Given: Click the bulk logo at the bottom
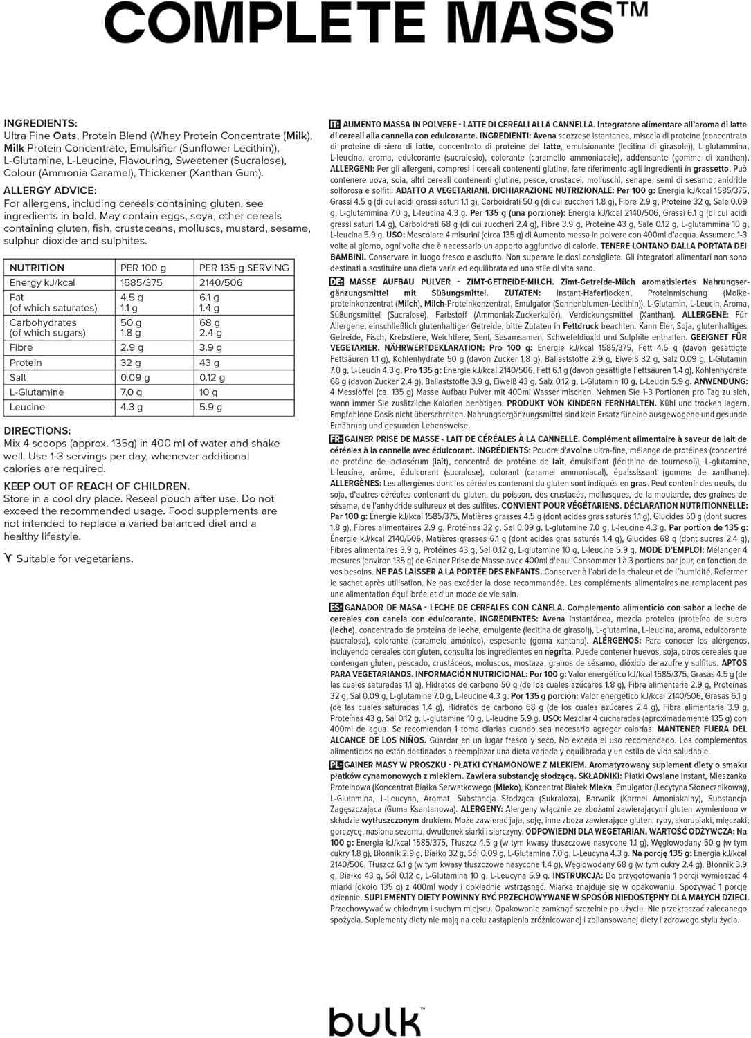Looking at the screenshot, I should coord(375,1021).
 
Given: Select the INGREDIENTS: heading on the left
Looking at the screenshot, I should coord(40,123).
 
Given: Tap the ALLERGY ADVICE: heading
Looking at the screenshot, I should coord(50,190).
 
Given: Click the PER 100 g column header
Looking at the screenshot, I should coord(143,268).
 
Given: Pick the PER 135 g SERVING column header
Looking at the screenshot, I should coord(244,268).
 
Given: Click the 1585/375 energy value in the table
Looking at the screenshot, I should coord(141,282).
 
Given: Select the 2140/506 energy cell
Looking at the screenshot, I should coord(221,282).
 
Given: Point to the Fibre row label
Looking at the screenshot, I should coord(21,347).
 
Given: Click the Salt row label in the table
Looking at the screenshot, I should coord(18,377).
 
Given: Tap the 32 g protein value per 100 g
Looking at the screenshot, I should coord(131,363).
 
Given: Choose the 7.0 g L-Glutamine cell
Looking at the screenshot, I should coord(133,392).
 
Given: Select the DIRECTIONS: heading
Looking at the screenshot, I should coord(37,430).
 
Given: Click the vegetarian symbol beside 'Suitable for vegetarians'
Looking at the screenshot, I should coord(8,558).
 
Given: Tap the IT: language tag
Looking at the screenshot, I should coord(335,125).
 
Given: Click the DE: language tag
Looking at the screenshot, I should coord(336,282).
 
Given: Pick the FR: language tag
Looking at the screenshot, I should coord(336,439).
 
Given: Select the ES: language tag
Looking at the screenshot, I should coord(336,608).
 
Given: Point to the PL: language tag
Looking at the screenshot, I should coord(336,765).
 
